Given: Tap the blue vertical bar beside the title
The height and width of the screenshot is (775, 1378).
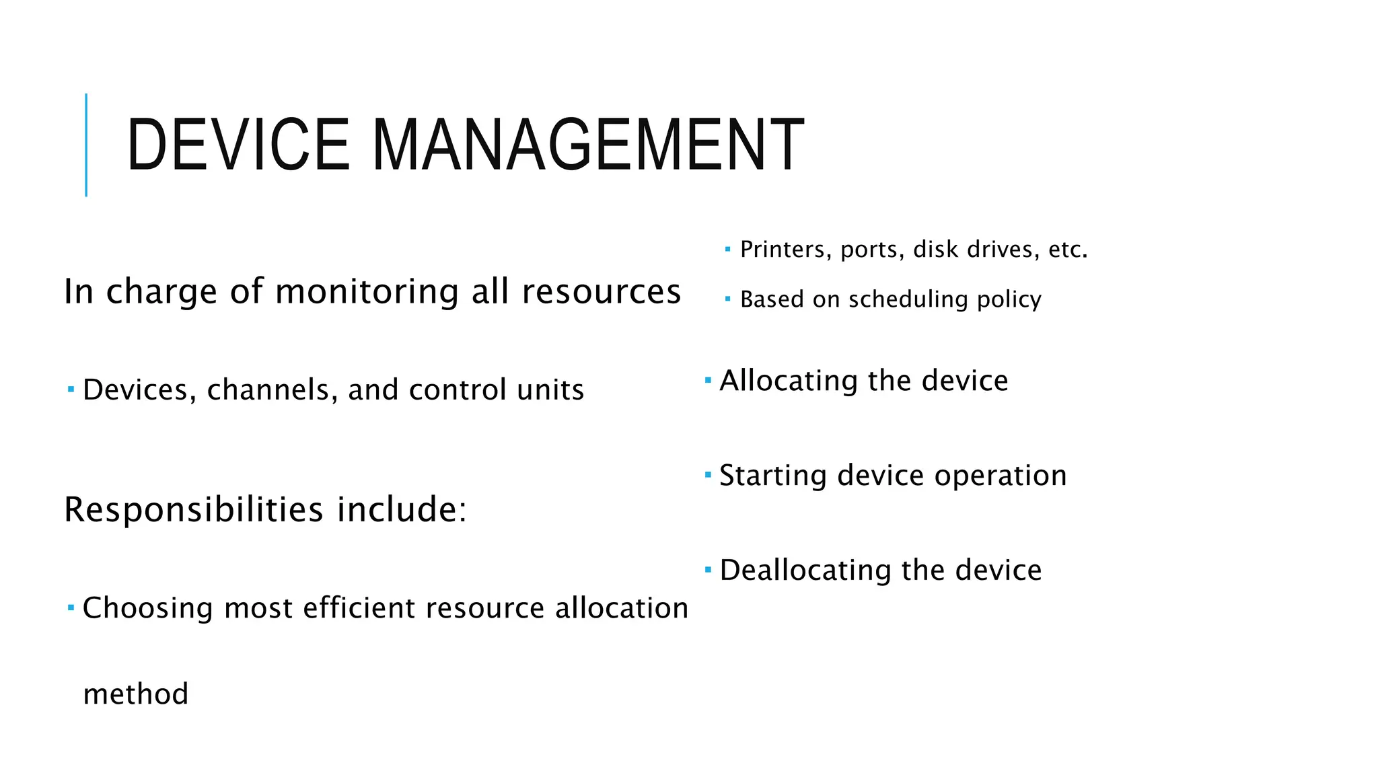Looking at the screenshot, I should pos(86,145).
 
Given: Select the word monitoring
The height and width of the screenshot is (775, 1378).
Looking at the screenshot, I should pos(366,293).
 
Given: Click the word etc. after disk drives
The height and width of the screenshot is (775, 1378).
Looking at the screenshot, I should pos(1068,250).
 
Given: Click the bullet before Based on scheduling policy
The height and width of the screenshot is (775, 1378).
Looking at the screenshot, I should pos(727,299).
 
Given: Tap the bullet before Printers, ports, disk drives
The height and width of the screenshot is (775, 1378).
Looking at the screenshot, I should pos(727,250).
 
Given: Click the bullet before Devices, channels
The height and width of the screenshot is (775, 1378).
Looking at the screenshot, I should pos(71,389).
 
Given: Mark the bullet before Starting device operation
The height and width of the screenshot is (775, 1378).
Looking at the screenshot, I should pos(708,475).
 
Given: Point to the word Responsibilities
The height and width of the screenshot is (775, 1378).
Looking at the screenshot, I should pos(194,509).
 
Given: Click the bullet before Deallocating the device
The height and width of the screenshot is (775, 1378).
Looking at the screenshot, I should pos(708,570).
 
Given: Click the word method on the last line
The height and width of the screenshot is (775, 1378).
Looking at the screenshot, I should pos(135,694).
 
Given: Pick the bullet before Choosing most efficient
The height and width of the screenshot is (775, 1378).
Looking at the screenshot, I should pos(71,607).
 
